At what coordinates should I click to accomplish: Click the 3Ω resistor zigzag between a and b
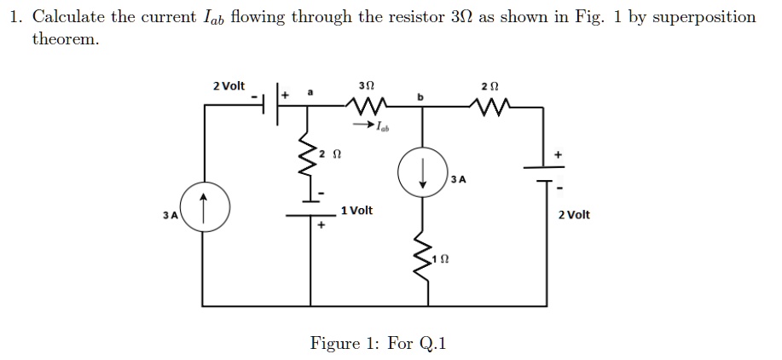[x=368, y=107]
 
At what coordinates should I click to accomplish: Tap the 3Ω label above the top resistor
[x=368, y=86]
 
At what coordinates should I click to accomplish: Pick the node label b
[x=420, y=99]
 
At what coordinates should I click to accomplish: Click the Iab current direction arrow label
[x=378, y=128]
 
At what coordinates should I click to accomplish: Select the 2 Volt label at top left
[x=229, y=86]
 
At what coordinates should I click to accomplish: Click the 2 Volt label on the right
[x=573, y=215]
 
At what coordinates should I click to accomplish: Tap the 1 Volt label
[x=356, y=211]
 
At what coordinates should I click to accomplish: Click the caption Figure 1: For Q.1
[x=378, y=343]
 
